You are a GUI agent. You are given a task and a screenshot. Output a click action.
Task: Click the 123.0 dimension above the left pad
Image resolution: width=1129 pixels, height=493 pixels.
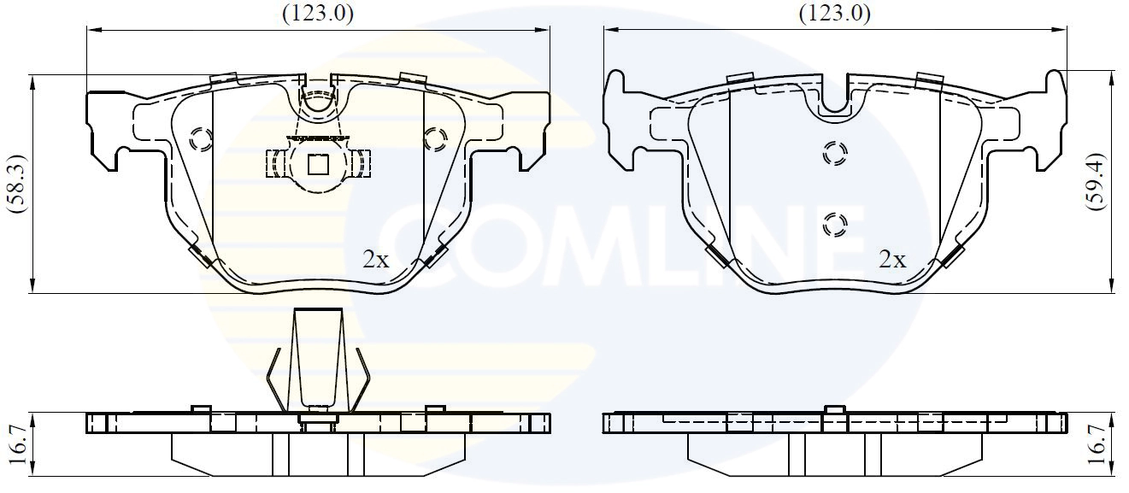[317, 12]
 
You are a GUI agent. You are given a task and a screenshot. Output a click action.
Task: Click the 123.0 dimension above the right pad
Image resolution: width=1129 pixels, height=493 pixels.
[834, 12]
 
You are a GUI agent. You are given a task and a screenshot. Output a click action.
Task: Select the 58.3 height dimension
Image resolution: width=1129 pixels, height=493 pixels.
[15, 183]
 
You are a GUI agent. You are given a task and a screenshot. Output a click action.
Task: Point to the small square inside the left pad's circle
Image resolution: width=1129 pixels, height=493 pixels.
[318, 162]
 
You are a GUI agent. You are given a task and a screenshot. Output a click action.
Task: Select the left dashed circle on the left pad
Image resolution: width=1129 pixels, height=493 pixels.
[202, 139]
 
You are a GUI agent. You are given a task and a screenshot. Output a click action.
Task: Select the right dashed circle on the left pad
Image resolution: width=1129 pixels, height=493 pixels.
[435, 138]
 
